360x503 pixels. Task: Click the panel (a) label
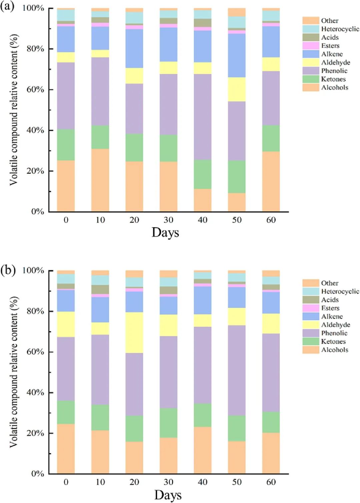(7, 7)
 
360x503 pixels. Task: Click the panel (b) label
(8, 270)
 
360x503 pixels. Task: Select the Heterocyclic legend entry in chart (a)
(340, 29)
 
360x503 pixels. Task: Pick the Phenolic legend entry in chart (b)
(334, 333)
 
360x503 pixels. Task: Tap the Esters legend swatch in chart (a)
(311, 46)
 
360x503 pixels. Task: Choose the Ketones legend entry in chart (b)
(333, 341)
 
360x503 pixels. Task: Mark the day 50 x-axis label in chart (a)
(237, 220)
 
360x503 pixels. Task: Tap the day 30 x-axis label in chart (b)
(168, 482)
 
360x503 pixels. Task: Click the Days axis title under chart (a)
(165, 232)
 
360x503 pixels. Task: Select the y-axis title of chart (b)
(13, 372)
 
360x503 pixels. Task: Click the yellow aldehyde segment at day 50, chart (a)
(237, 89)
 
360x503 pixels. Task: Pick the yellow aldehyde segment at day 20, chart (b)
(134, 332)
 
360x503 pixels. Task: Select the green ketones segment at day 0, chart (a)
(66, 145)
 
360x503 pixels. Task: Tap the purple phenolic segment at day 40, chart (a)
(203, 117)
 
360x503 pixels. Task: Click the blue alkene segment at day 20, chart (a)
(134, 49)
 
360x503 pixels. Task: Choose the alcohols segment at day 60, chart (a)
(271, 182)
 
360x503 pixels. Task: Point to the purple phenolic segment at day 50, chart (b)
(237, 370)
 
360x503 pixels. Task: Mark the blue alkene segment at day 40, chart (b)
(203, 300)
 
